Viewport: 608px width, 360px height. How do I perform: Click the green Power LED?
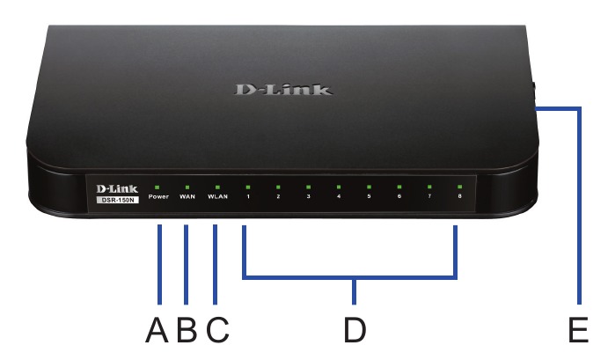[x=157, y=187]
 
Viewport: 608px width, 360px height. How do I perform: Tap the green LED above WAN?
[x=187, y=187]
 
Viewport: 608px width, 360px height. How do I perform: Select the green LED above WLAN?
[x=217, y=187]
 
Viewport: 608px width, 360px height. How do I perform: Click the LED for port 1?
[x=248, y=187]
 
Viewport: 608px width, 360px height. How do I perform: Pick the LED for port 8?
[x=458, y=187]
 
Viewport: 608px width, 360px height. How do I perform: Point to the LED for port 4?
[x=339, y=187]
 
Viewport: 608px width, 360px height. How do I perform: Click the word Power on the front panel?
[x=157, y=198]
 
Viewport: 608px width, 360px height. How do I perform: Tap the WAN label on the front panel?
[x=187, y=198]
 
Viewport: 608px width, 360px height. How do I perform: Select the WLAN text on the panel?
[x=217, y=198]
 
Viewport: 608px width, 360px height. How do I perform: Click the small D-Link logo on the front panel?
[x=114, y=187]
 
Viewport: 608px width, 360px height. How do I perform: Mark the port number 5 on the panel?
[x=369, y=198]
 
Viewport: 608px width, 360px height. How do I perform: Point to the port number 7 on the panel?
[x=429, y=198]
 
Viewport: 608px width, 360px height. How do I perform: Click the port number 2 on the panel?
[x=278, y=198]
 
